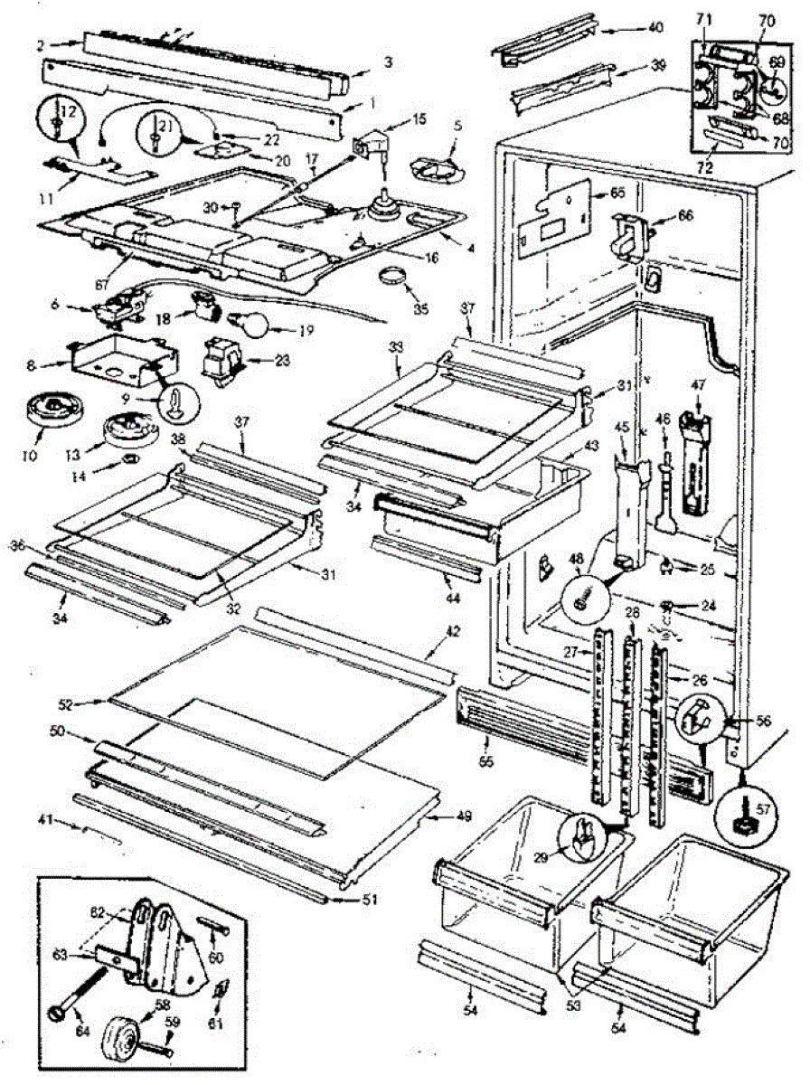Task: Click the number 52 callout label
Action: click(x=92, y=702)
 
